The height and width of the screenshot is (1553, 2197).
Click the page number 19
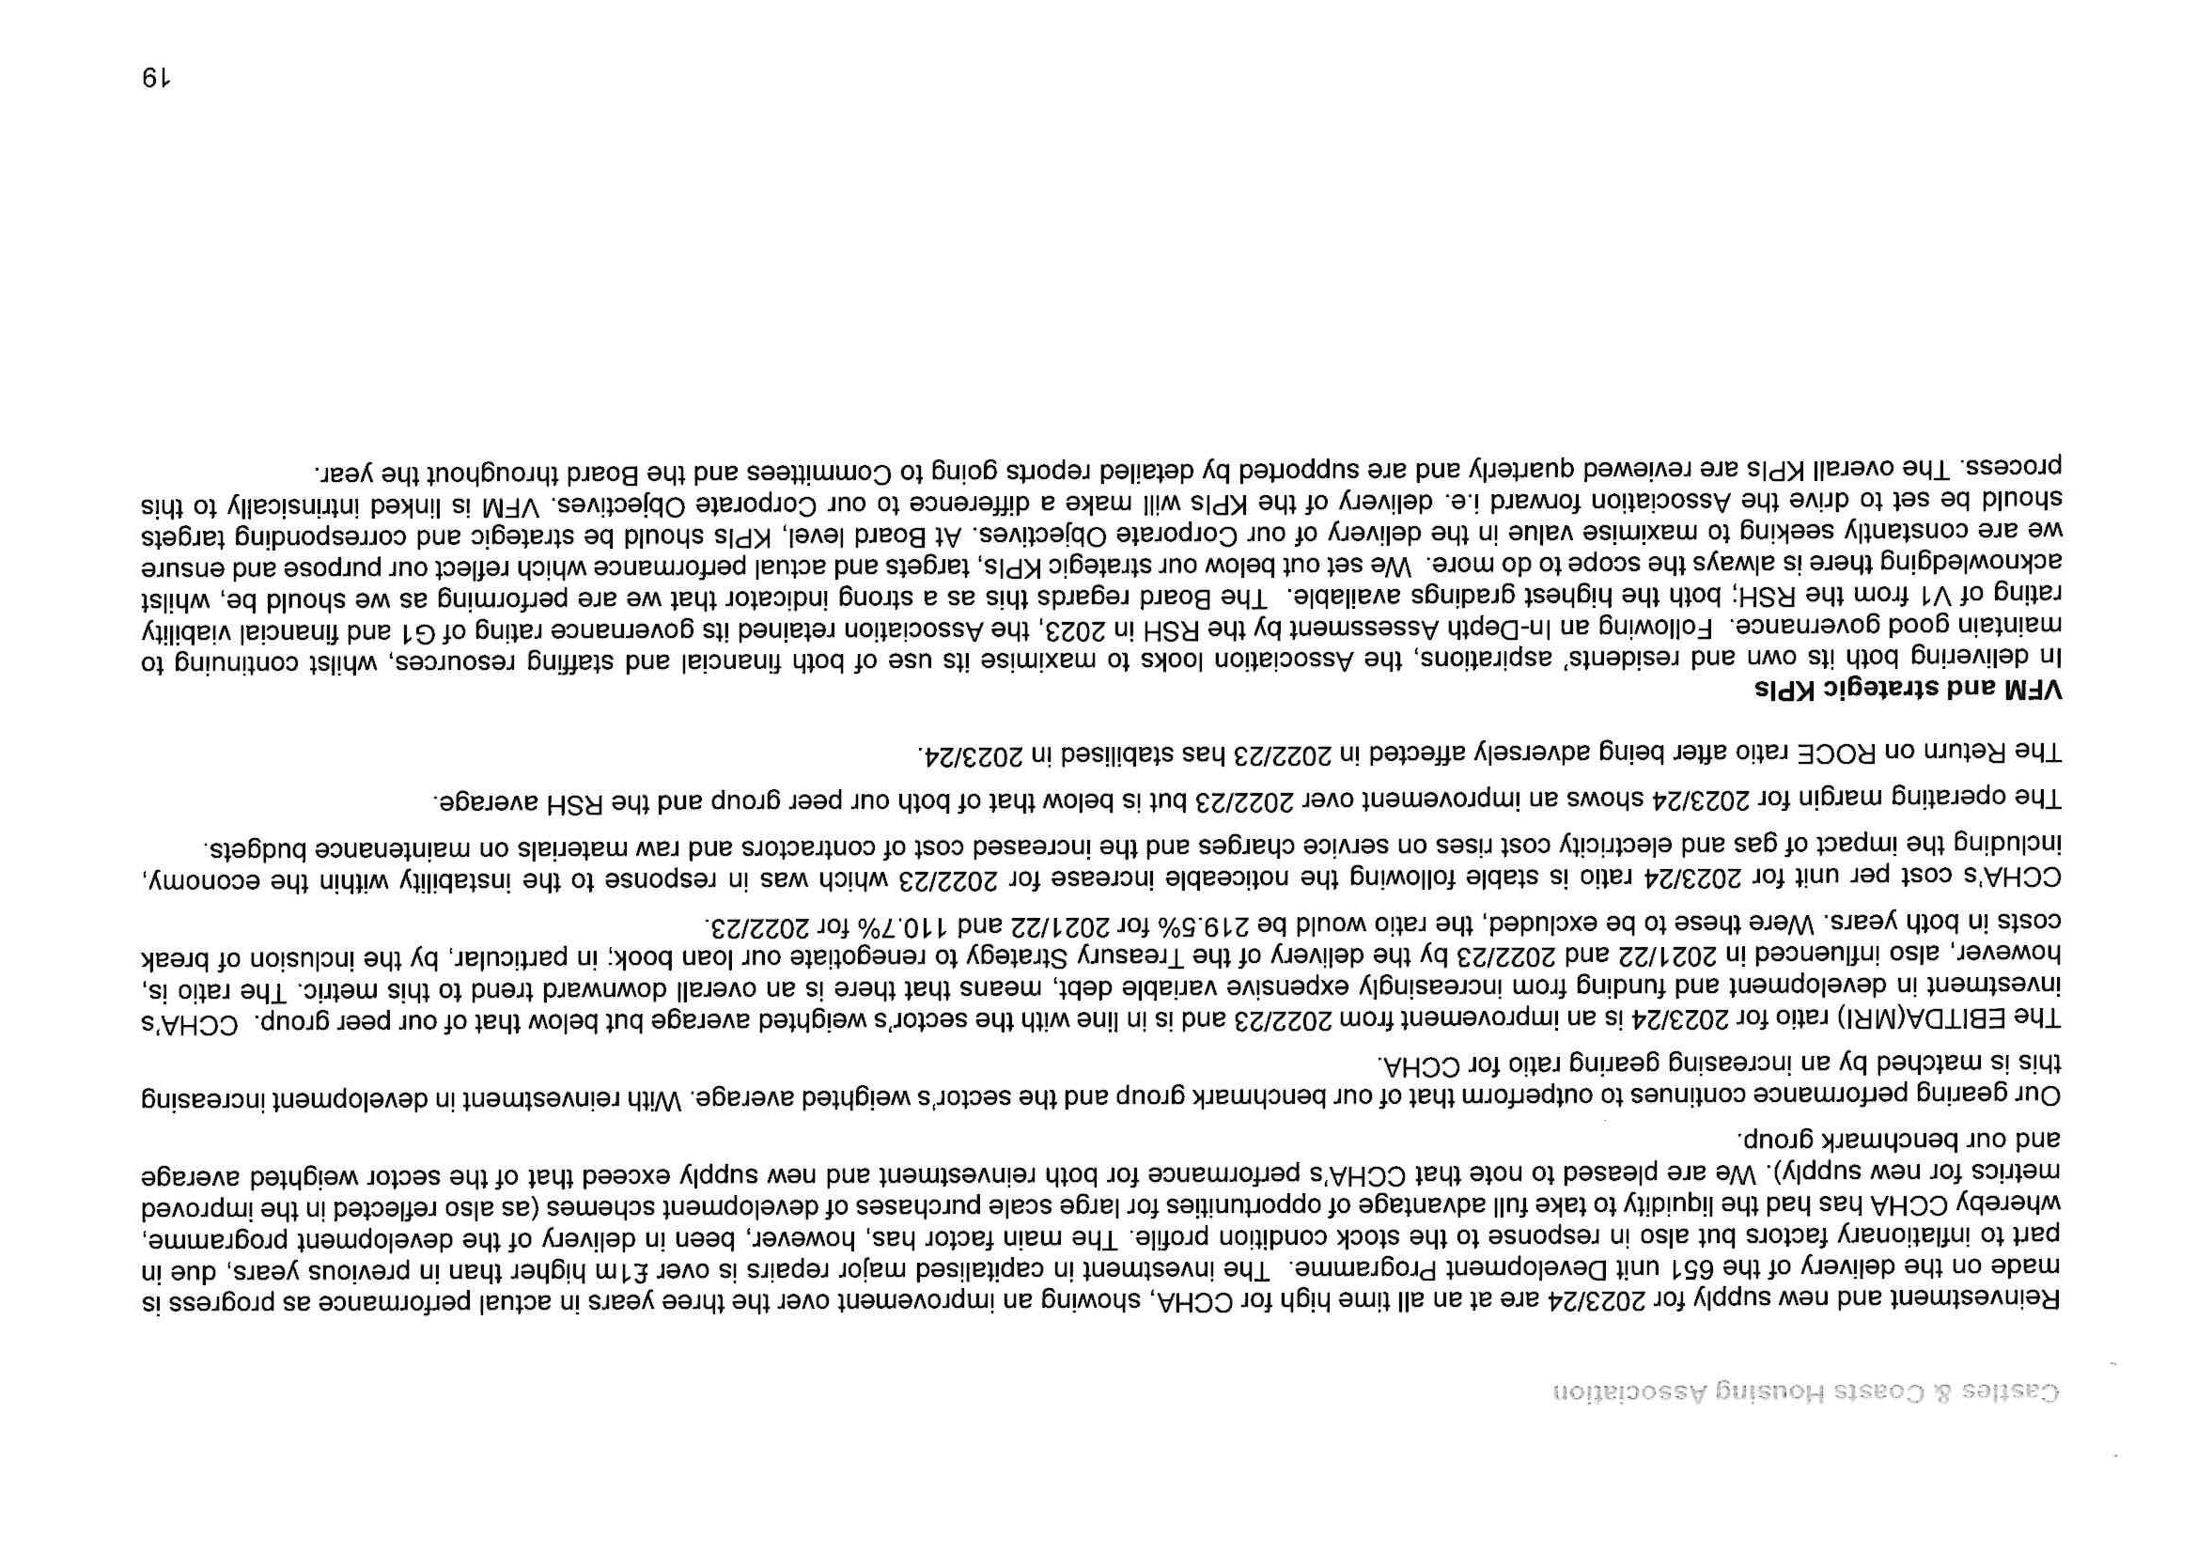point(155,77)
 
